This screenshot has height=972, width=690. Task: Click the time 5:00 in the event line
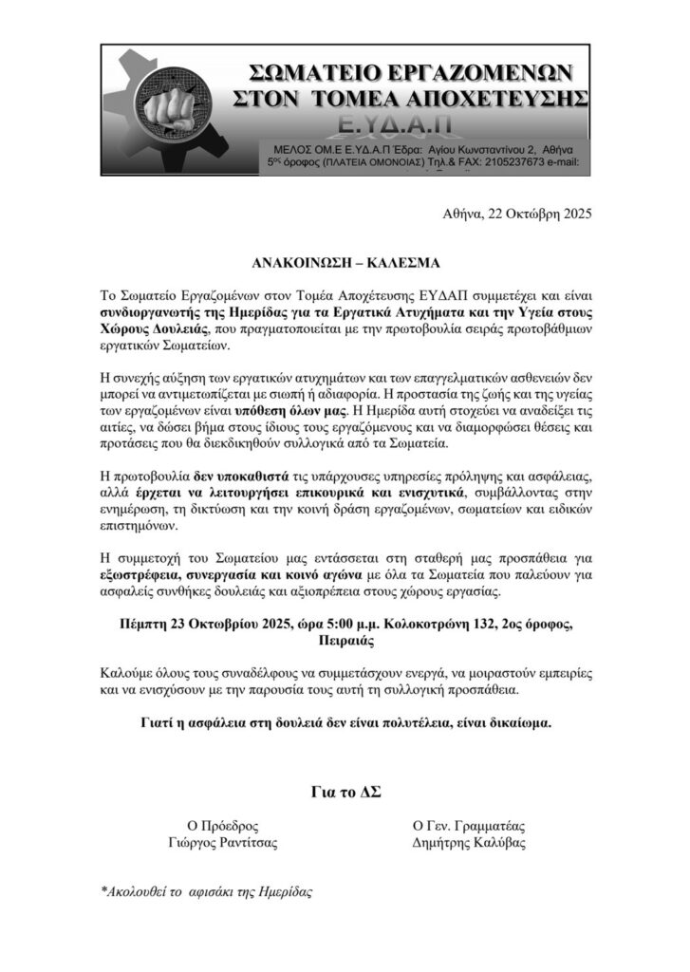[x=335, y=624]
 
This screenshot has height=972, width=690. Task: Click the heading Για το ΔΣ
[x=345, y=792]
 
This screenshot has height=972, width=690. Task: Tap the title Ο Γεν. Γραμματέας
[x=469, y=826]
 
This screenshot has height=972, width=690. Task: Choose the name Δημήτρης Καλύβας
[x=469, y=843]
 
